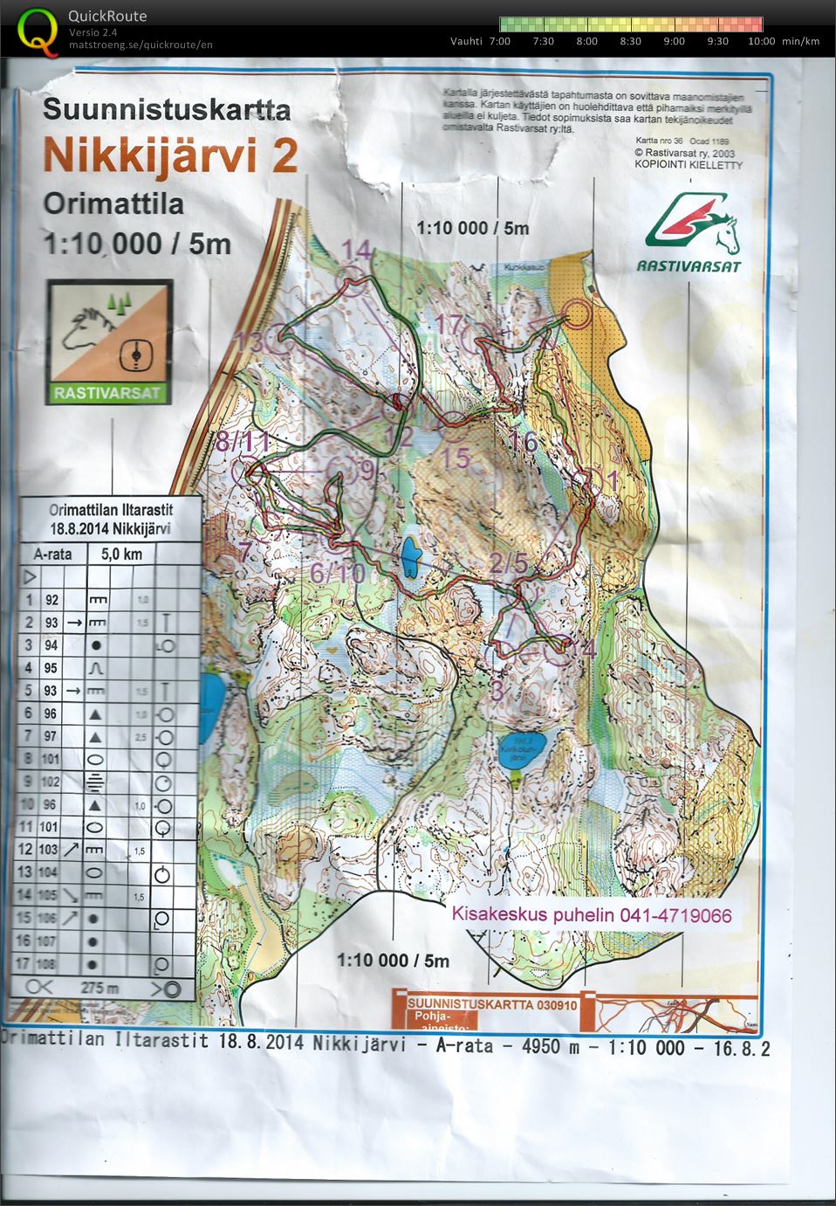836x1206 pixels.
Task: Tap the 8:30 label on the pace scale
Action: click(630, 41)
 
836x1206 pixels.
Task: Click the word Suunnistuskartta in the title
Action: click(167, 109)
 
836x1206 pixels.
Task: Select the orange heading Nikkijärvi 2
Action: click(171, 155)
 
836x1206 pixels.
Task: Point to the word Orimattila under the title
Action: click(113, 203)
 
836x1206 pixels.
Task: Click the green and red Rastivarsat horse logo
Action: click(693, 225)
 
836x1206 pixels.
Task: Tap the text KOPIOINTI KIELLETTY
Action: click(689, 164)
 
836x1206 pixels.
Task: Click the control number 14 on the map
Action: click(357, 251)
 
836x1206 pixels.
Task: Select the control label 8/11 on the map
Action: click(243, 442)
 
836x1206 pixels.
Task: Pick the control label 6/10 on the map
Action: click(338, 573)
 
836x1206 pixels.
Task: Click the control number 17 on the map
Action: click(449, 325)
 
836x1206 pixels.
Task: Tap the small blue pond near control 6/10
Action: click(409, 558)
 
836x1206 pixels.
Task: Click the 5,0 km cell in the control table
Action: click(121, 554)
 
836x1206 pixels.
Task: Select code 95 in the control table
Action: click(51, 668)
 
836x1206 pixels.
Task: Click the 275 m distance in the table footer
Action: click(99, 988)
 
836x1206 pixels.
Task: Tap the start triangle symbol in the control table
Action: click(29, 577)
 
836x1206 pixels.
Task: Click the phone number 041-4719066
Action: click(676, 915)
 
